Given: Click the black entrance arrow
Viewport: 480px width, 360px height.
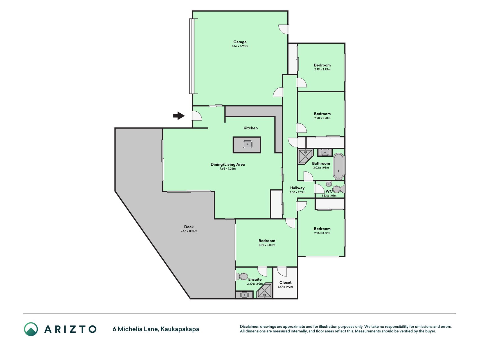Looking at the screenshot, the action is pyautogui.click(x=179, y=116).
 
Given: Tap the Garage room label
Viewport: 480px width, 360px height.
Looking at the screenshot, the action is pyautogui.click(x=240, y=42).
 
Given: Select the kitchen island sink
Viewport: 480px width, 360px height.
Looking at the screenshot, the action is pyautogui.click(x=247, y=145).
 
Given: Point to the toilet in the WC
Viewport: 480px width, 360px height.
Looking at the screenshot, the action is pyautogui.click(x=337, y=189).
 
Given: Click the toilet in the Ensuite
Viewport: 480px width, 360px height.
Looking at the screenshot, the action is pyautogui.click(x=242, y=276).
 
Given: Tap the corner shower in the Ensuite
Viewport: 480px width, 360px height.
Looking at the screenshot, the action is pyautogui.click(x=265, y=291).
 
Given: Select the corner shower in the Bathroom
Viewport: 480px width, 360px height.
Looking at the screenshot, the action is pyautogui.click(x=305, y=156).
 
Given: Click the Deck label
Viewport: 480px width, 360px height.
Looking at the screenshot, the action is pyautogui.click(x=189, y=227).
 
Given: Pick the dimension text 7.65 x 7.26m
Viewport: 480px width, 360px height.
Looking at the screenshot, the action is pyautogui.click(x=228, y=169).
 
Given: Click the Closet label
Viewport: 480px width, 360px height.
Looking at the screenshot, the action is pyautogui.click(x=285, y=282).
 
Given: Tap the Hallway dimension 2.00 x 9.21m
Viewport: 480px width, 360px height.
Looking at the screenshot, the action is pyautogui.click(x=297, y=192).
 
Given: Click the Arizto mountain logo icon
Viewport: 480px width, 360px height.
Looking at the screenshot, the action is pyautogui.click(x=31, y=329).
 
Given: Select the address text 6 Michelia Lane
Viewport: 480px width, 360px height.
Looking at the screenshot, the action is pyautogui.click(x=136, y=329).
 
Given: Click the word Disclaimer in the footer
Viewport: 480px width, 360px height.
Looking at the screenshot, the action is pyautogui.click(x=249, y=327).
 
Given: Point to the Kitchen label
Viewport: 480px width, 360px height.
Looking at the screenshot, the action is pyautogui.click(x=251, y=128).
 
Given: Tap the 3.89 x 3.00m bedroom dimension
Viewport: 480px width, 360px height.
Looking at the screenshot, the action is pyautogui.click(x=267, y=245).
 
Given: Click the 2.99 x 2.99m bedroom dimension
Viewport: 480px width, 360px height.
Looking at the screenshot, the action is pyautogui.click(x=322, y=69).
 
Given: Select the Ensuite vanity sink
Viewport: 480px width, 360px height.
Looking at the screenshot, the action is pyautogui.click(x=244, y=295).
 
